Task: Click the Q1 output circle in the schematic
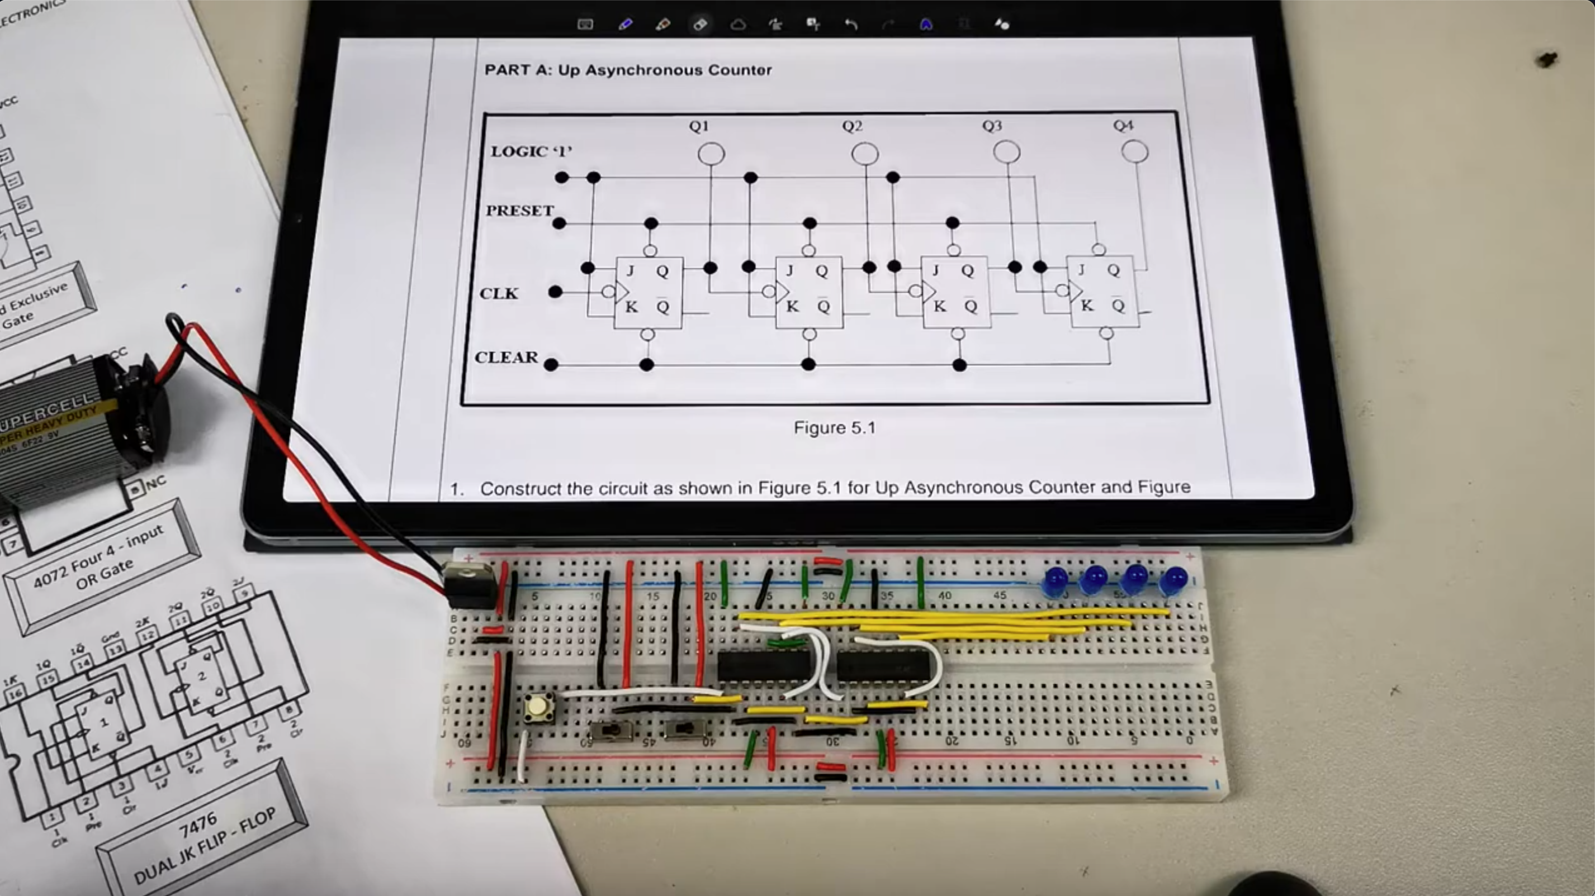pyautogui.click(x=711, y=153)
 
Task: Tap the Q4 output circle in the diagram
pyautogui.click(x=1134, y=151)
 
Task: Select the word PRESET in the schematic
pyautogui.click(x=519, y=211)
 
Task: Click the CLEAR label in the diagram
pyautogui.click(x=507, y=358)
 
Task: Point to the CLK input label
pyautogui.click(x=499, y=293)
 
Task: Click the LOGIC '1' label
pyautogui.click(x=531, y=151)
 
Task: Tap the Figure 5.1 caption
pyautogui.click(x=834, y=427)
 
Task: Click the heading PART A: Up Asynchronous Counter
pyautogui.click(x=628, y=70)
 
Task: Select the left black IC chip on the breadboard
pyautogui.click(x=764, y=666)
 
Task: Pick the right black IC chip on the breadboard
pyautogui.click(x=882, y=666)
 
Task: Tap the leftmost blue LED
pyautogui.click(x=1055, y=581)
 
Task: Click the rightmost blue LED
pyautogui.click(x=1173, y=581)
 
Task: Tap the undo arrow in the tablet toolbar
pyautogui.click(x=851, y=24)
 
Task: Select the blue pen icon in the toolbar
pyautogui.click(x=624, y=24)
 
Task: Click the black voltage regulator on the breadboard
pyautogui.click(x=471, y=585)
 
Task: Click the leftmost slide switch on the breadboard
pyautogui.click(x=612, y=731)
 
